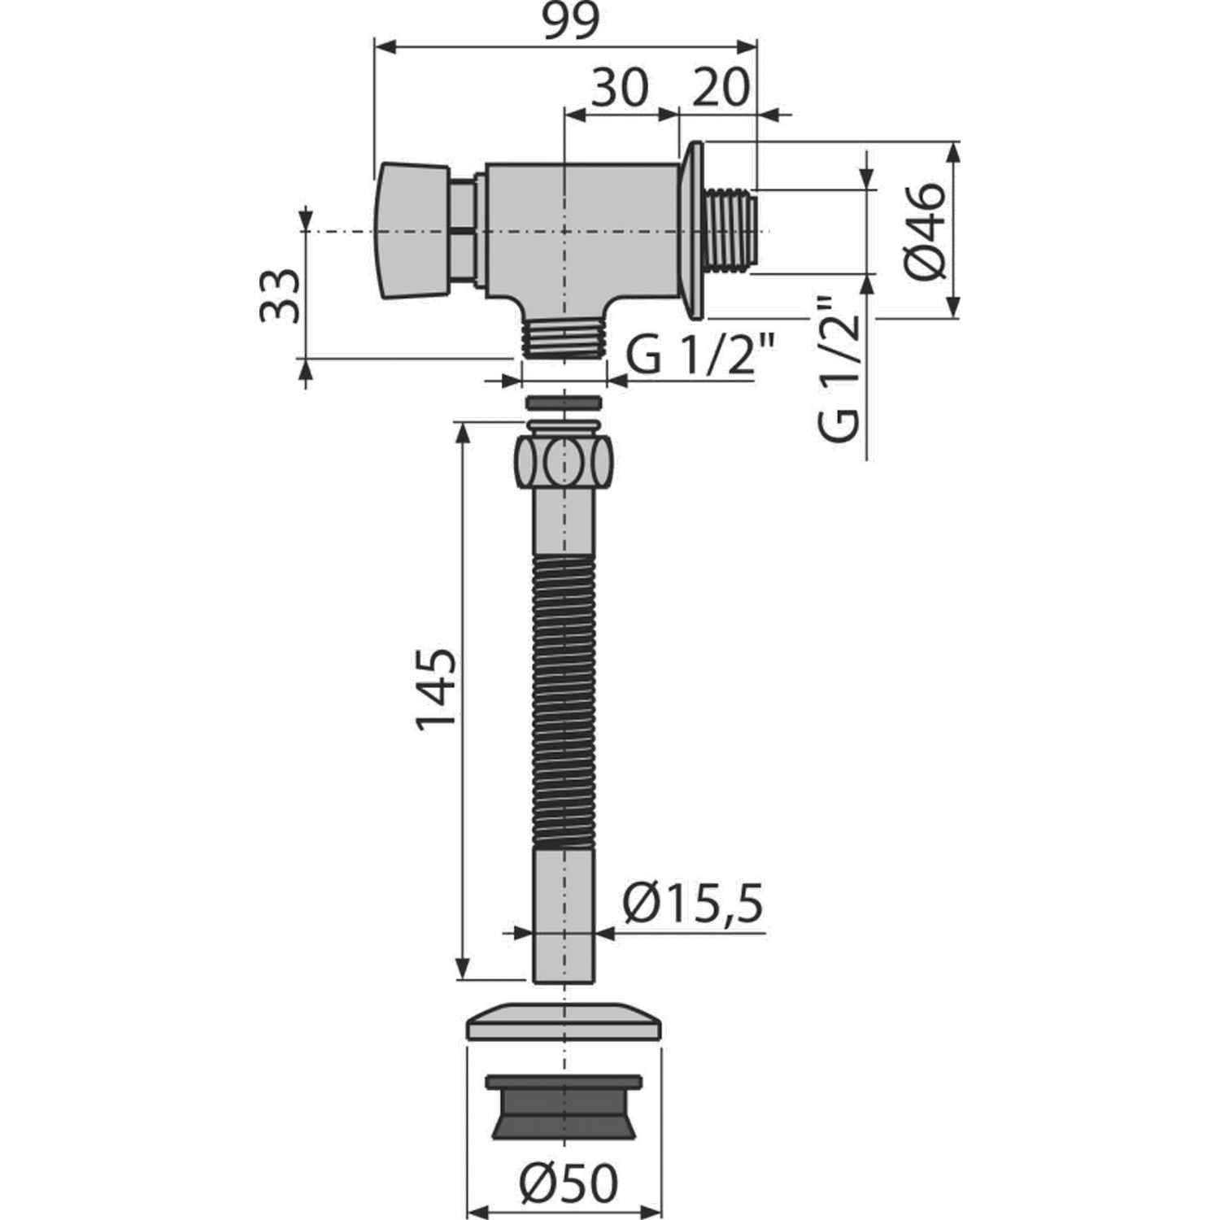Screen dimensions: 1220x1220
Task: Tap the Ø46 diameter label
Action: (926, 231)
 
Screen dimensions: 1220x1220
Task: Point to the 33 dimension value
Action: (279, 295)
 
